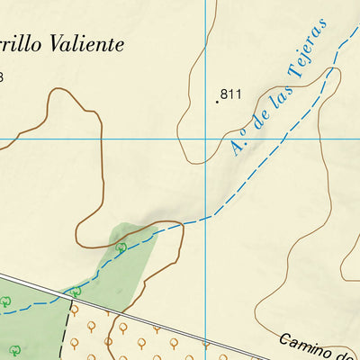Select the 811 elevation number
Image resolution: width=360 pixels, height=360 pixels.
[x=231, y=94]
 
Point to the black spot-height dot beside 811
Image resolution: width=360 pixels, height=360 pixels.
[x=217, y=101]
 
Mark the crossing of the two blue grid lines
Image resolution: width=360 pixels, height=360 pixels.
[x=206, y=139]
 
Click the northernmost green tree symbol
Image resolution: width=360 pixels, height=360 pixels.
[x=121, y=247]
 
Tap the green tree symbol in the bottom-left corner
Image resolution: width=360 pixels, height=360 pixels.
[x=14, y=349]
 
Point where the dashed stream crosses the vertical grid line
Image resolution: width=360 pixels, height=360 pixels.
[x=206, y=217]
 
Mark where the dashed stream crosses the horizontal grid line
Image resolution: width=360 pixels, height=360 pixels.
[x=285, y=139]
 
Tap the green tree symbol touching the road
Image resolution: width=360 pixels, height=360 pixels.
[x=76, y=292]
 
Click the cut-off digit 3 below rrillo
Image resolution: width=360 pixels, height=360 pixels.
[x=2, y=77]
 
